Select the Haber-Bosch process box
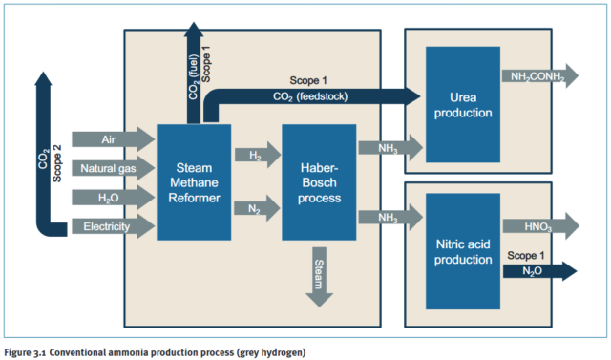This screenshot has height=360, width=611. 319,182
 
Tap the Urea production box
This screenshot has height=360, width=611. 463,105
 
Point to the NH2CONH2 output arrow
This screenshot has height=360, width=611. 538,77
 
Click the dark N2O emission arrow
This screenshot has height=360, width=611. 538,271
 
